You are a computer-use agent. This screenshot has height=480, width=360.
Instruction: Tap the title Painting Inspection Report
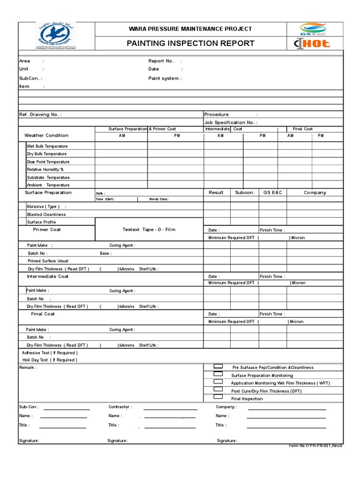[190, 44]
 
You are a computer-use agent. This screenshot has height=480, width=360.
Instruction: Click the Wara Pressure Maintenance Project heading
[190, 29]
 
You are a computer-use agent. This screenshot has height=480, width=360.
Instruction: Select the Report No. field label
[161, 61]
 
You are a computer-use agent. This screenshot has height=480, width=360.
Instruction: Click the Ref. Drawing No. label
[40, 114]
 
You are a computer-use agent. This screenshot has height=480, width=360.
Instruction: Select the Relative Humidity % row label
[45, 169]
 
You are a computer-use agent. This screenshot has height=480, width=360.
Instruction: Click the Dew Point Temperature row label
[48, 162]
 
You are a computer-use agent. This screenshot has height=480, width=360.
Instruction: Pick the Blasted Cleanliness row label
[46, 214]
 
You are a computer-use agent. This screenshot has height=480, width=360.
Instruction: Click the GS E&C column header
[273, 193]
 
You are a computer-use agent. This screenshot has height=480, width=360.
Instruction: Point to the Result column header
[216, 193]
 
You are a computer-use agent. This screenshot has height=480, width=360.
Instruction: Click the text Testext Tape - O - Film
[149, 230]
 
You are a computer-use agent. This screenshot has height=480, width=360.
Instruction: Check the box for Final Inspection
[218, 397]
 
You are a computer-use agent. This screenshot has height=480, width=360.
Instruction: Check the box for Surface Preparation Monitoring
[218, 374]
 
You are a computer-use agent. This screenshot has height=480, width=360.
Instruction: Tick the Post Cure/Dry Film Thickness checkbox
[218, 390]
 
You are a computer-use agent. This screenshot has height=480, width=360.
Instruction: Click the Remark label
[28, 367]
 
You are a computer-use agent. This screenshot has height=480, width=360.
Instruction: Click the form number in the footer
[315, 446]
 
